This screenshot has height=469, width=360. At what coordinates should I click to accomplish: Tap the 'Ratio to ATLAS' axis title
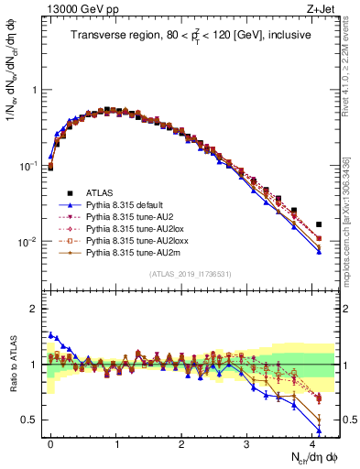pyautogui.click(x=12, y=364)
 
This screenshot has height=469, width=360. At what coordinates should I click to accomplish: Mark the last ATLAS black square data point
pyautogui.click(x=319, y=224)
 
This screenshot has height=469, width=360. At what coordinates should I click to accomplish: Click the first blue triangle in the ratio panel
pyautogui.click(x=50, y=335)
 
